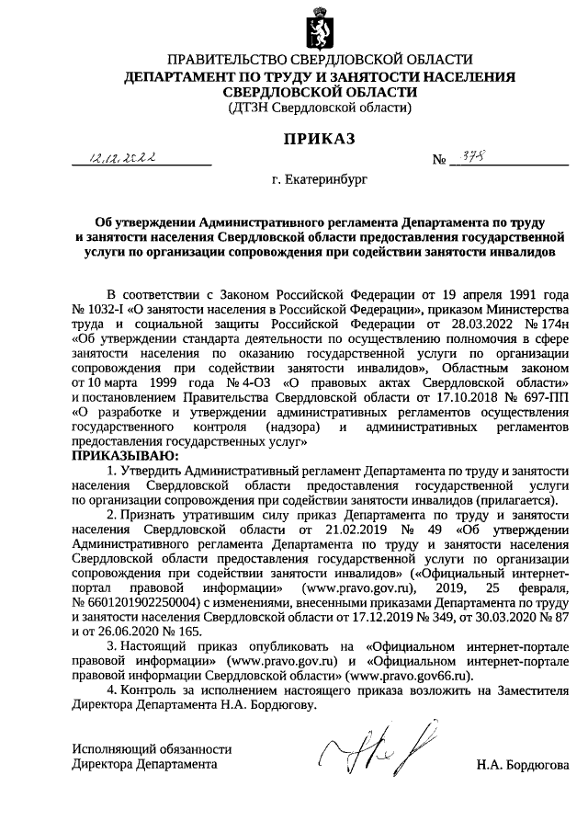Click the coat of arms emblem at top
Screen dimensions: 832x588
(x=295, y=26)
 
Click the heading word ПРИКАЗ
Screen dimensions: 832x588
(x=295, y=139)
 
